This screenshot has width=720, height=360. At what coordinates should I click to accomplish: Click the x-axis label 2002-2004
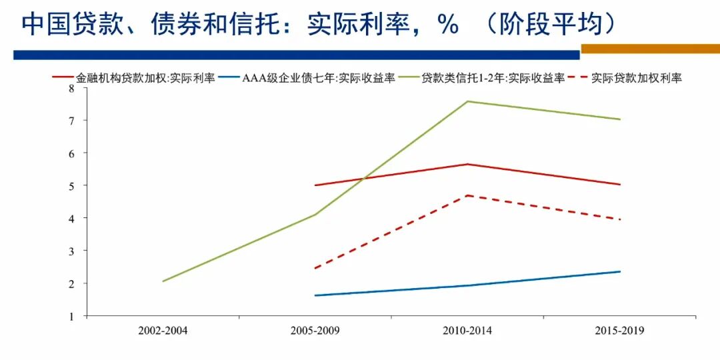pyautogui.click(x=163, y=330)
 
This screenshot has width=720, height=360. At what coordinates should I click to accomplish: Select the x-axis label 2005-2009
pyautogui.click(x=315, y=330)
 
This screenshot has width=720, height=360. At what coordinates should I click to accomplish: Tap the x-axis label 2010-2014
pyautogui.click(x=468, y=330)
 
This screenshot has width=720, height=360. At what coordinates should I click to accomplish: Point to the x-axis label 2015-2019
pyautogui.click(x=620, y=330)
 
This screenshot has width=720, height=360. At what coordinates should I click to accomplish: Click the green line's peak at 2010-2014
pyautogui.click(x=468, y=101)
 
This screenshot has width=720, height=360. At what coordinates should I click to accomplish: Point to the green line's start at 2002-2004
pyautogui.click(x=163, y=281)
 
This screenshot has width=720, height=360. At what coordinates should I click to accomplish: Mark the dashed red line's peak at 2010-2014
pyautogui.click(x=468, y=195)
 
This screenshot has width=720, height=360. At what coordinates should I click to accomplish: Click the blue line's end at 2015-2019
pyautogui.click(x=620, y=271)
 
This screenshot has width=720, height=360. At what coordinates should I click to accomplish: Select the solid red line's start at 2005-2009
pyautogui.click(x=315, y=185)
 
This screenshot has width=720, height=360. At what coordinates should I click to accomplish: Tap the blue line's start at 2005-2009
pyautogui.click(x=315, y=295)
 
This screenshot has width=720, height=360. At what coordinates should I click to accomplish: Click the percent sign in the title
pyautogui.click(x=447, y=25)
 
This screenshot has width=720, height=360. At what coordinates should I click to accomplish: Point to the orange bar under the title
pyautogui.click(x=650, y=49)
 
